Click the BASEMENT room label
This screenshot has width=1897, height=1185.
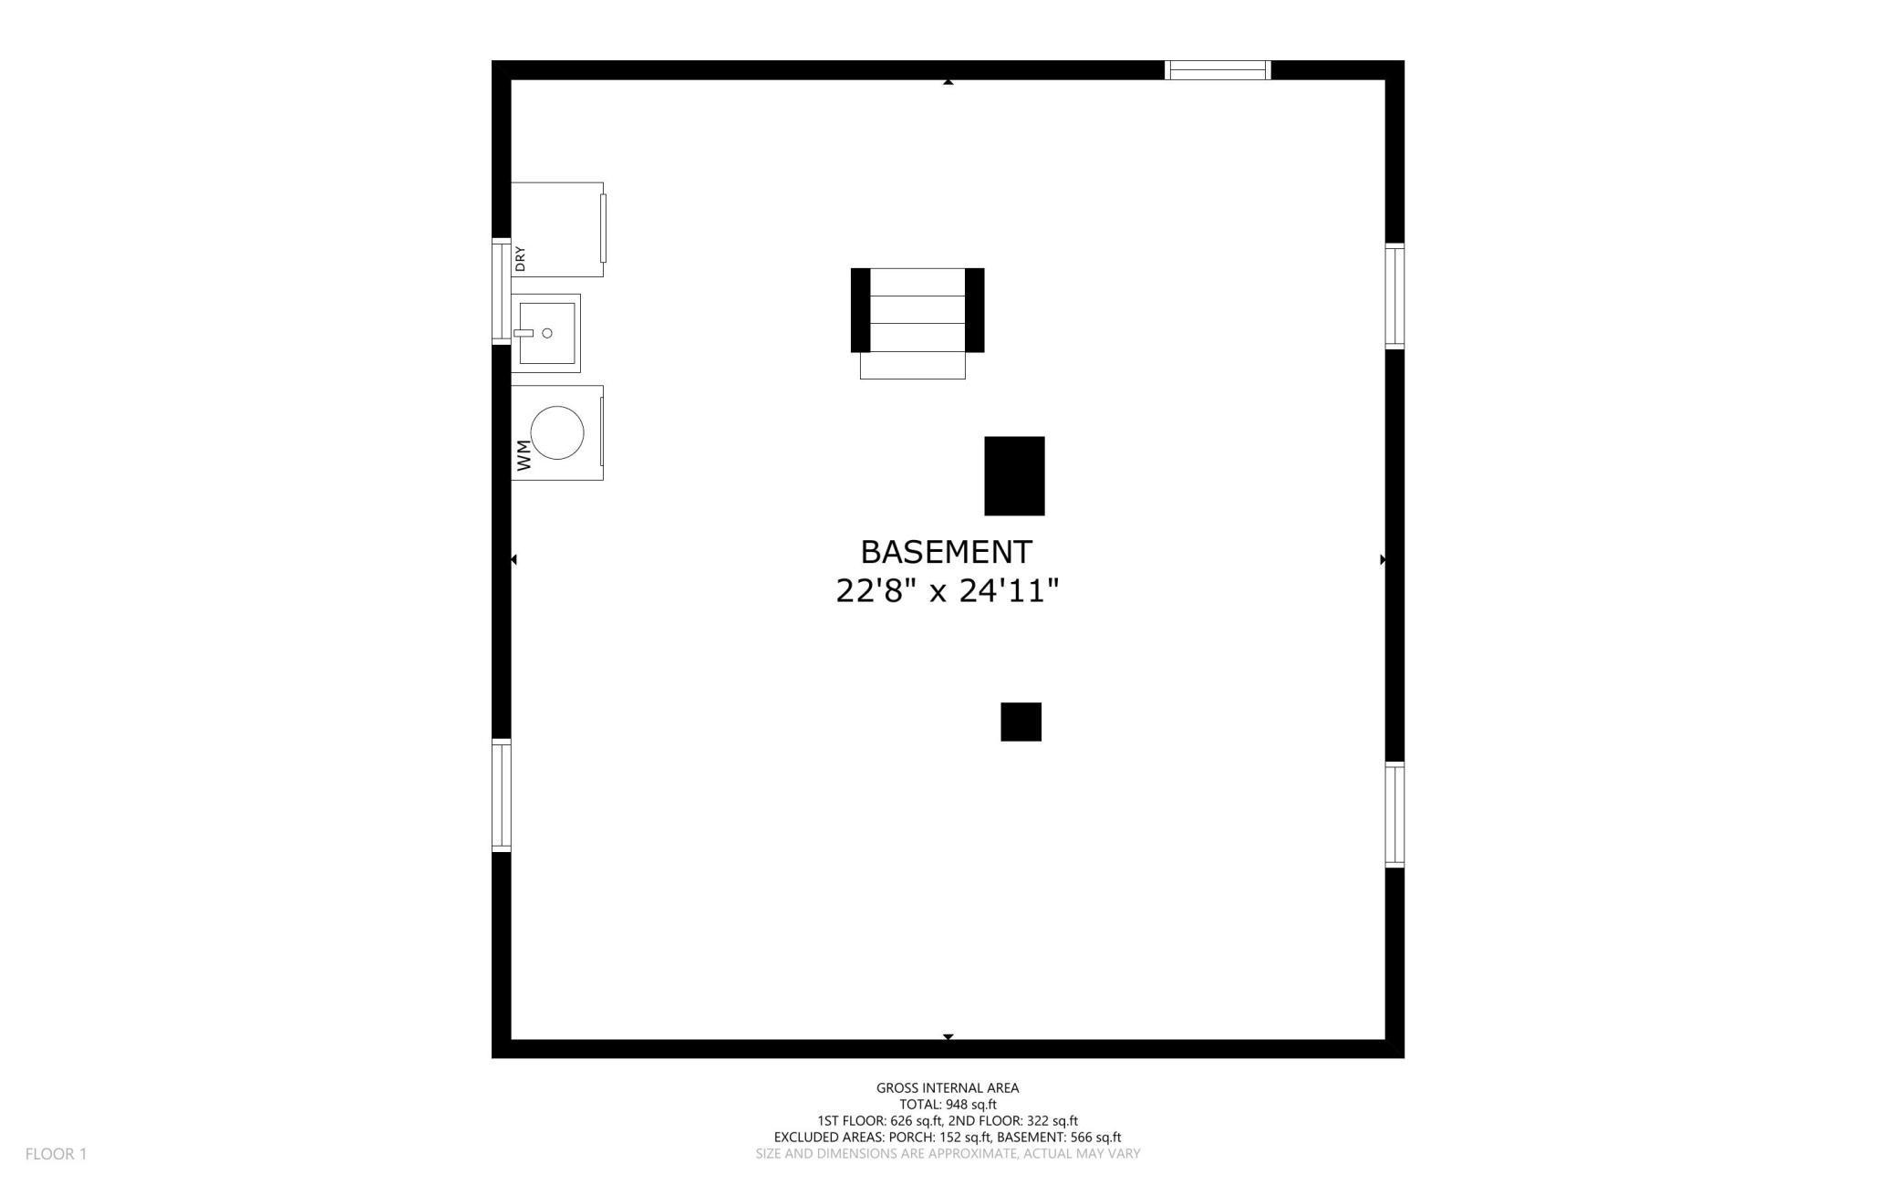point(946,552)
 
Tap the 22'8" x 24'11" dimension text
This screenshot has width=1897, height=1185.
point(947,591)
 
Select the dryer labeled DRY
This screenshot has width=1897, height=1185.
point(557,229)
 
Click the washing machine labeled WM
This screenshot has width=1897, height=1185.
point(556,432)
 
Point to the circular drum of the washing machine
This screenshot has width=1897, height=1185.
point(557,432)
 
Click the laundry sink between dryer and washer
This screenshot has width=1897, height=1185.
point(545,333)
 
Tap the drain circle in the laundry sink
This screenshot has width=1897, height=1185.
point(547,333)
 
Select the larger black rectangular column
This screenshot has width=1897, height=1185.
point(1014,475)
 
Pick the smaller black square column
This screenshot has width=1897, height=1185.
point(1021,722)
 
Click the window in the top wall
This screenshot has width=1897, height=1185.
point(1218,70)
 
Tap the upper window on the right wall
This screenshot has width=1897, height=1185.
point(1394,296)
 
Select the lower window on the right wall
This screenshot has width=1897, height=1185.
point(1394,815)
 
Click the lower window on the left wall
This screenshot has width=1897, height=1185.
point(501,795)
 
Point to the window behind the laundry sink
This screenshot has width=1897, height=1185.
point(501,290)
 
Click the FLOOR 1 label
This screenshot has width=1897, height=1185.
point(56,1154)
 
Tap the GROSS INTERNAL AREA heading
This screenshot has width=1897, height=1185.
point(948,1087)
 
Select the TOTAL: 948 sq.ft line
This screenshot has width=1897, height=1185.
point(948,1104)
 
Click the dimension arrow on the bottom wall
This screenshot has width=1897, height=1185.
point(948,1037)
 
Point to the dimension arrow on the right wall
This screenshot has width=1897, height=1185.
point(1383,559)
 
